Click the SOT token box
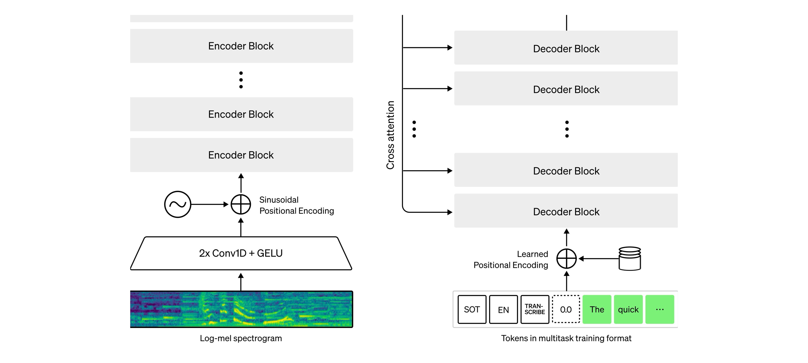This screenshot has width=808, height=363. coord(472,309)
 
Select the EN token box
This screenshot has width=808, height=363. coord(503,309)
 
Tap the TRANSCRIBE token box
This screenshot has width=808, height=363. coord(535,309)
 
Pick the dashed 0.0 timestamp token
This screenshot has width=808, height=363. coord(566,309)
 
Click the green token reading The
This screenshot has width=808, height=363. coord(597,309)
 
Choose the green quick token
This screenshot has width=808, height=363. coord(628,309)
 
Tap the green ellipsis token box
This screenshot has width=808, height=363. coord(660,309)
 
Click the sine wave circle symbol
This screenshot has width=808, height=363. coord(178,204)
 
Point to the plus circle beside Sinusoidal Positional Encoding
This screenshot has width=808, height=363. coord(241,204)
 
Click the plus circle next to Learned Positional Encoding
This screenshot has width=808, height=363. coord(566,258)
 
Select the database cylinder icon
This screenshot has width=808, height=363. coord(630,258)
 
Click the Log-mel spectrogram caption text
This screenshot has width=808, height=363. coord(241,338)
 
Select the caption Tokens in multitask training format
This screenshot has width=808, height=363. coord(566,338)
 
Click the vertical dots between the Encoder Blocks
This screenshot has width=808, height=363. coord(241,80)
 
